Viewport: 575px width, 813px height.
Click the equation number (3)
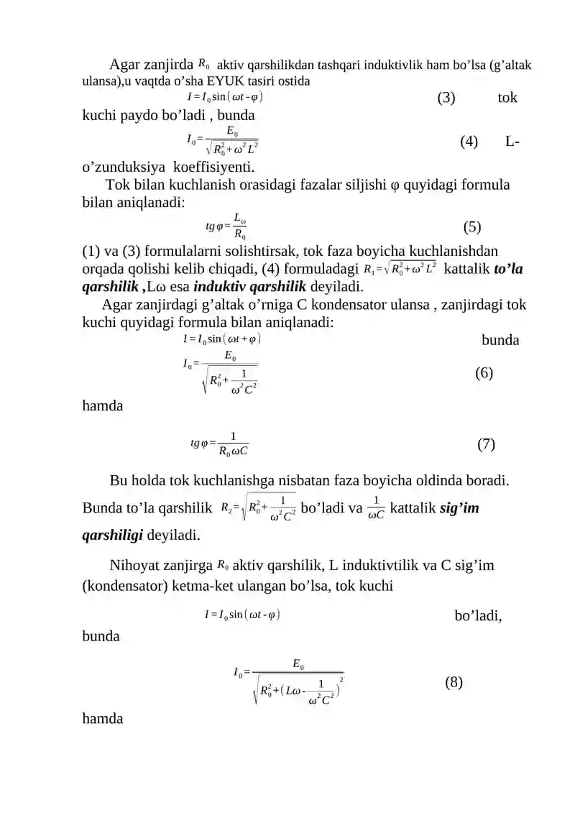point(446,98)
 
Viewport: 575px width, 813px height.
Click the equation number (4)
point(469,142)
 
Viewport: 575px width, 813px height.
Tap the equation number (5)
point(472,228)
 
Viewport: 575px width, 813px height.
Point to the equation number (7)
point(486,444)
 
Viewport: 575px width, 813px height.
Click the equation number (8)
point(454,682)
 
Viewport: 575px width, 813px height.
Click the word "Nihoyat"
point(137,566)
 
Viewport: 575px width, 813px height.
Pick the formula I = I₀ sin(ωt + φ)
point(222,338)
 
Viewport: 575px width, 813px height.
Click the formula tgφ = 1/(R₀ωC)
point(220,444)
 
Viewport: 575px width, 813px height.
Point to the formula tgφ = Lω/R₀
point(231,227)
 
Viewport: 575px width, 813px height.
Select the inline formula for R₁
point(400,270)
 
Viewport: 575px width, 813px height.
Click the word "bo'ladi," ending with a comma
point(478,616)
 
